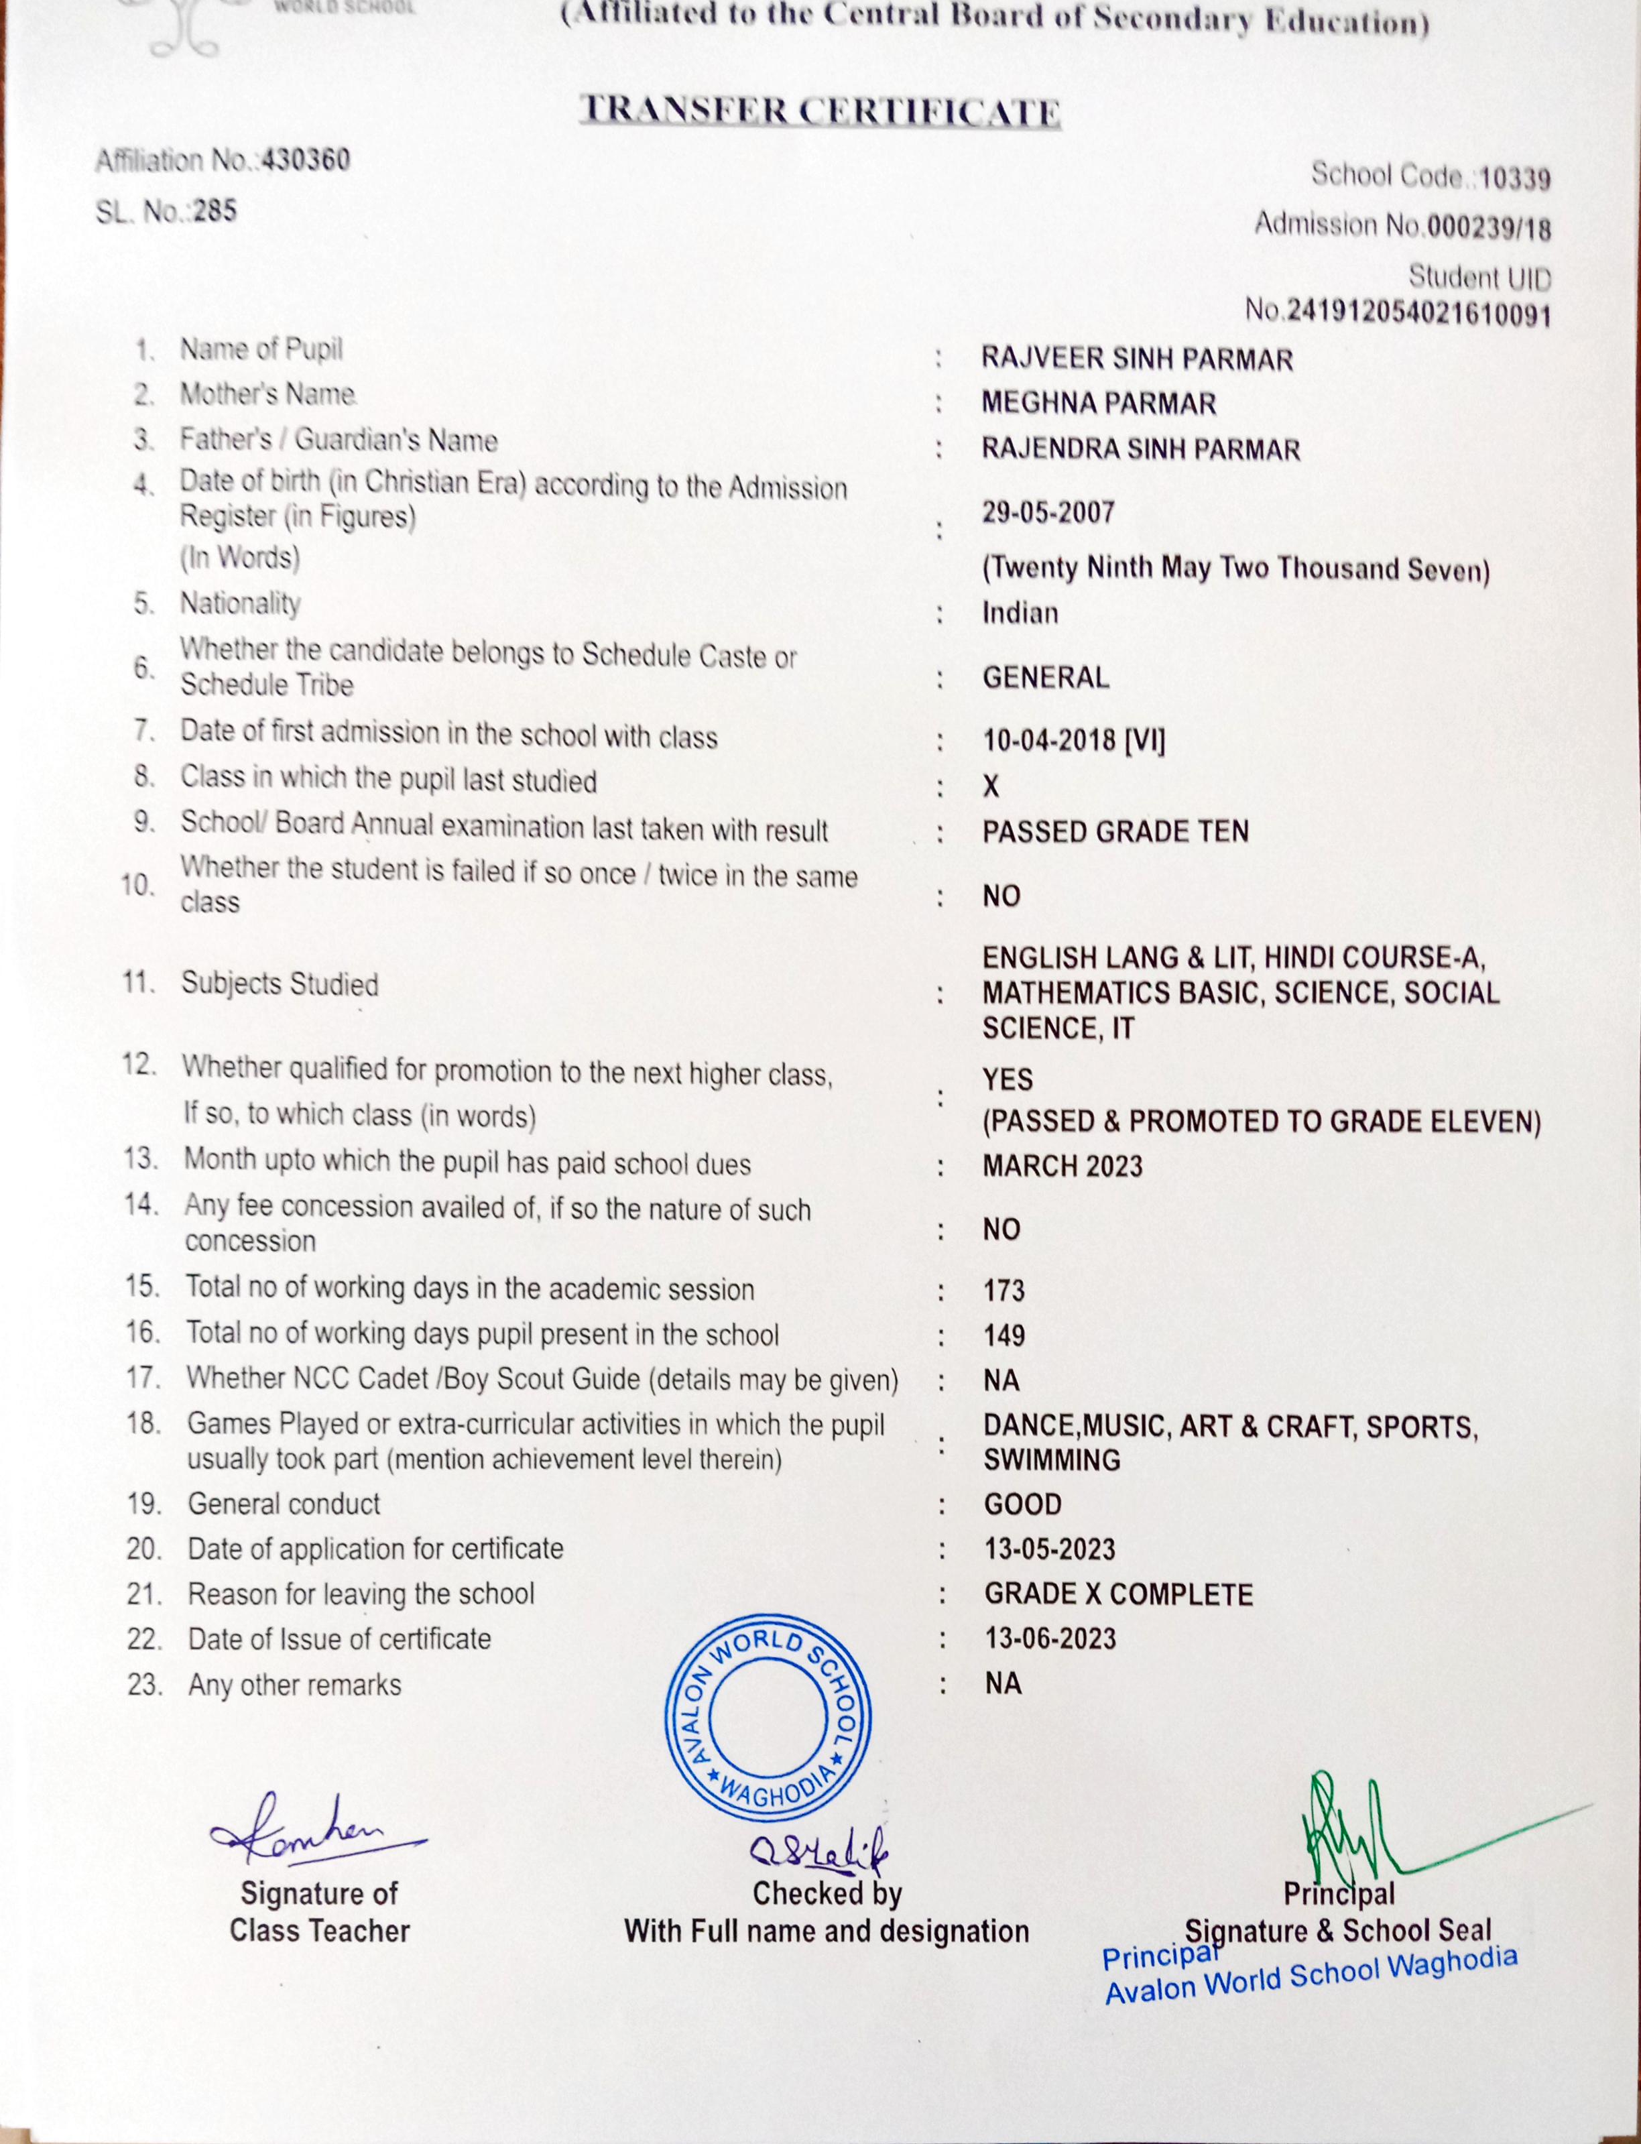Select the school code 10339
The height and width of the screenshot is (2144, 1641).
tap(1515, 179)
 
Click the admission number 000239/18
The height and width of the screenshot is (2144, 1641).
tap(1489, 227)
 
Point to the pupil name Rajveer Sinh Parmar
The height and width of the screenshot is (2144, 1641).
tap(1137, 359)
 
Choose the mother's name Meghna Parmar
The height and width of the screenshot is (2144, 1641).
tap(1099, 404)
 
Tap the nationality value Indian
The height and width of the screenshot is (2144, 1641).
tap(1020, 613)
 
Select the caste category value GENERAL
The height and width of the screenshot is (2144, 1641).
tap(1045, 678)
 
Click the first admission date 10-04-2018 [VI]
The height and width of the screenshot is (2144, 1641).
tap(1073, 740)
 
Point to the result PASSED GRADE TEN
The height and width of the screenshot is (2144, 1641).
tap(1115, 831)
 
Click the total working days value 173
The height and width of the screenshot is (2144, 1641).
tap(1004, 1291)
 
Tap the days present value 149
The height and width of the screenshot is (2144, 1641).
tap(1004, 1335)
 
